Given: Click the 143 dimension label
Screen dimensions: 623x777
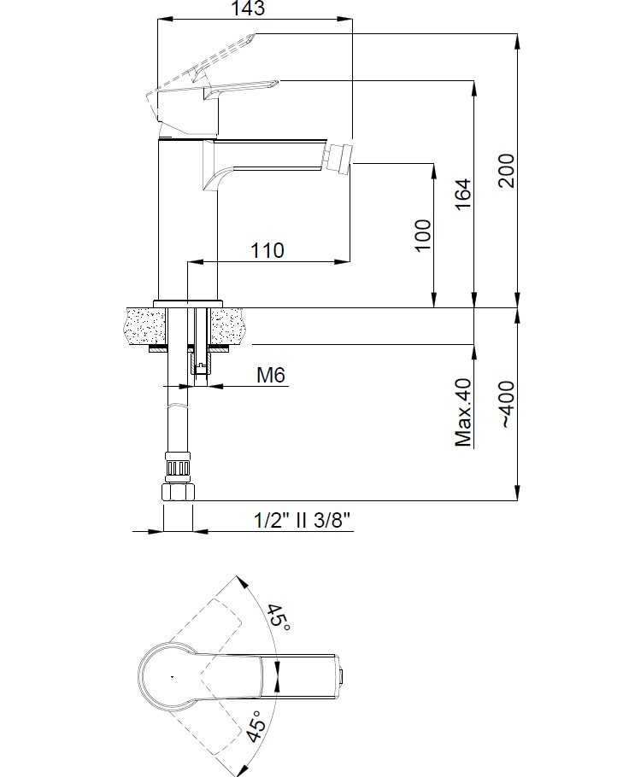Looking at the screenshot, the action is [248, 8].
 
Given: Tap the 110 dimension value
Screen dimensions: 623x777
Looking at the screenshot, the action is [267, 250].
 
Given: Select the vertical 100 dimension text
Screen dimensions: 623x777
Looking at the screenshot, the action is [423, 236].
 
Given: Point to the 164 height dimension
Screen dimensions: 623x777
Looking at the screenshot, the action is [462, 194].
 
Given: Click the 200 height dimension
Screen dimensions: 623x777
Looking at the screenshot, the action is [507, 171].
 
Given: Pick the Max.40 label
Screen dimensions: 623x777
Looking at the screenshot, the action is [463, 412].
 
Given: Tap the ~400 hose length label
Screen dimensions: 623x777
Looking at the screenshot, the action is [507, 405].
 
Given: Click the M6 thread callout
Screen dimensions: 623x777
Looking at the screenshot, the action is [271, 376].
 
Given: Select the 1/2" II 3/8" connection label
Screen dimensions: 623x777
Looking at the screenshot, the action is [302, 520].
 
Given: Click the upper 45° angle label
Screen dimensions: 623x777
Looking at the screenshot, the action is [279, 617].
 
